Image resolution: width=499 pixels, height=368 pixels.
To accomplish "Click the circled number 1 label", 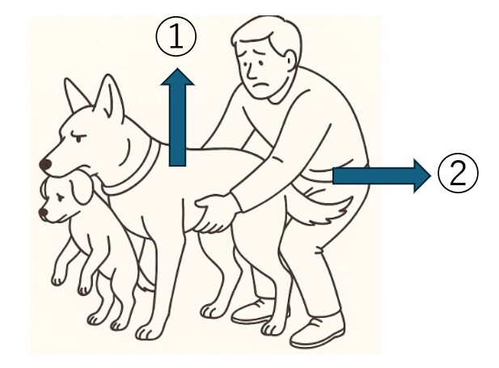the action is click(x=176, y=37).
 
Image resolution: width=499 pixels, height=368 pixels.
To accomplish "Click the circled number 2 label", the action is click(x=458, y=173).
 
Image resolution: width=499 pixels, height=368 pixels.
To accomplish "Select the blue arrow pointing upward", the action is click(x=177, y=116).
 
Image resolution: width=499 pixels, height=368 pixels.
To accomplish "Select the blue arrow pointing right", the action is click(x=382, y=176).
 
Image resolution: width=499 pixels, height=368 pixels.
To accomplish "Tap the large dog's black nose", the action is click(x=45, y=164).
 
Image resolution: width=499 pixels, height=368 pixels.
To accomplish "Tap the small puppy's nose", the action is click(x=43, y=213).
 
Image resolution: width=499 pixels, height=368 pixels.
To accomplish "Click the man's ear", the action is click(x=290, y=61).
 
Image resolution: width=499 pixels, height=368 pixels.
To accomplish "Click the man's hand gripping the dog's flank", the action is click(x=215, y=214).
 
